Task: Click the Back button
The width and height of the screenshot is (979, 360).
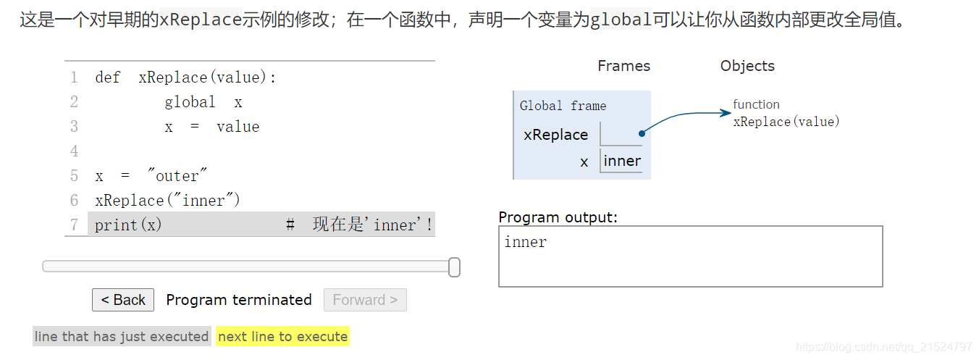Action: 123,300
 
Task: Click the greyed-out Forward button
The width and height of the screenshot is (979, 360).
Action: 365,300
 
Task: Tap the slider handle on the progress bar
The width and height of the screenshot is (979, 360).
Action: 454,267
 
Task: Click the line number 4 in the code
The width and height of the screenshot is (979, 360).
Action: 74,151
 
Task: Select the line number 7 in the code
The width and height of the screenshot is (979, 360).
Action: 74,225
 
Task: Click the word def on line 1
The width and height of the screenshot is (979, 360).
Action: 107,78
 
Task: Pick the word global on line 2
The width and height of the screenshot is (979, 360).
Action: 190,102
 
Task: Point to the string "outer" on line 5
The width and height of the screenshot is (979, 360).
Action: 177,176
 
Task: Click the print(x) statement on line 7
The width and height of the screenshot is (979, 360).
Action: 128,225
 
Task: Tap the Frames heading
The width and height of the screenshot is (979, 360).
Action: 623,66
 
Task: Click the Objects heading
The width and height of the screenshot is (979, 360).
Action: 747,66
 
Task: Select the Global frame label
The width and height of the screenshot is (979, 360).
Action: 563,106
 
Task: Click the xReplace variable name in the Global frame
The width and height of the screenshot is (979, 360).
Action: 555,135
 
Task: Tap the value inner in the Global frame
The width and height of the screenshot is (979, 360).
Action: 622,161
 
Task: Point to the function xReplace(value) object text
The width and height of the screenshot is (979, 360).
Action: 786,114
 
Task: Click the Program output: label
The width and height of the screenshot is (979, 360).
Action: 558,217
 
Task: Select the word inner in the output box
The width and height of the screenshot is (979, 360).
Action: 526,242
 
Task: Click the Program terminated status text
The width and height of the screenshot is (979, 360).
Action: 239,300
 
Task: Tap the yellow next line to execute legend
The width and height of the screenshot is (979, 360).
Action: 282,337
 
